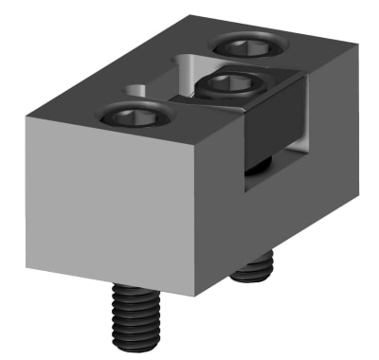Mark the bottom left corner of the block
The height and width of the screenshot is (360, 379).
[x=27, y=242]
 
